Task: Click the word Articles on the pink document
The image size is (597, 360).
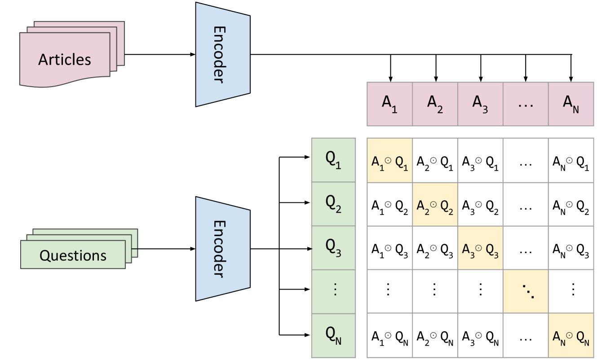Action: (x=65, y=60)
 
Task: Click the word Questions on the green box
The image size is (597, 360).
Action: (x=73, y=255)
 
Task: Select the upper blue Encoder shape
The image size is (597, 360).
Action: (x=222, y=54)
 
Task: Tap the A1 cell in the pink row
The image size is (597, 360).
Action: (x=389, y=104)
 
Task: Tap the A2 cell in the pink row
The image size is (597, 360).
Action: (x=435, y=104)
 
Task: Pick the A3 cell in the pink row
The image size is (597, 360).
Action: (x=480, y=104)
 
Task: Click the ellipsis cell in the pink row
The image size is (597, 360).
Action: (x=526, y=104)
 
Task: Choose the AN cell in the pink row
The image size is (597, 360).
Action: (x=571, y=104)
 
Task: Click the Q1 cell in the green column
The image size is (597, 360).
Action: (x=333, y=160)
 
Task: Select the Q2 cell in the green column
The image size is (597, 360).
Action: (x=333, y=204)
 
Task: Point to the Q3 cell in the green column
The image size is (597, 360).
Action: (x=333, y=248)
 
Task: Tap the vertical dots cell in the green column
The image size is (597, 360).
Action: (x=333, y=291)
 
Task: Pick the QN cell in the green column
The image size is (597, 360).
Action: (x=333, y=335)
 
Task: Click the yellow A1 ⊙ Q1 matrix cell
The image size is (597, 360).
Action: (x=389, y=161)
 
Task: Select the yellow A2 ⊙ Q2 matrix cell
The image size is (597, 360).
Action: (x=435, y=204)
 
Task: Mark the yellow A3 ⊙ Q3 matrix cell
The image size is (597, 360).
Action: (x=480, y=248)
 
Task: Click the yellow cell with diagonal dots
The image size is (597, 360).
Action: (x=526, y=291)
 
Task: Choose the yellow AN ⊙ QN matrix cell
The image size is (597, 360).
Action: (x=571, y=335)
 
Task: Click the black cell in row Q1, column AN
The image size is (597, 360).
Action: (x=571, y=161)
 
